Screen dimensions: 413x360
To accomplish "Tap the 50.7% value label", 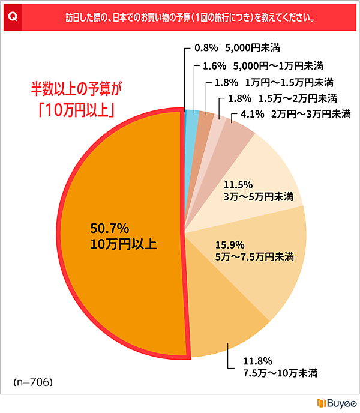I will pyautogui.click(x=110, y=229).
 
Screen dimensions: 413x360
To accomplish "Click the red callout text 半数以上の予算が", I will pyautogui.click(x=77, y=90).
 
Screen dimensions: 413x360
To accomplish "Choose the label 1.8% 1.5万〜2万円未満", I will pyautogui.click(x=279, y=98).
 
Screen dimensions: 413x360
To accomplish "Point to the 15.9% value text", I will pyautogui.click(x=228, y=244).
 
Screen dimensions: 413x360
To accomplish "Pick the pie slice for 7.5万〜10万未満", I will pyautogui.click(x=228, y=324).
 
